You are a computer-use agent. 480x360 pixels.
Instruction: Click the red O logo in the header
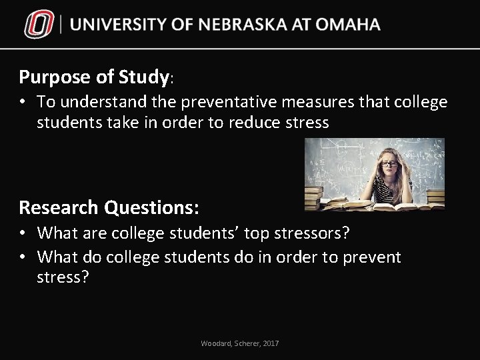(x=39, y=25)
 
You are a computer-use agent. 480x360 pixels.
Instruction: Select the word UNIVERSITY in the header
(x=119, y=25)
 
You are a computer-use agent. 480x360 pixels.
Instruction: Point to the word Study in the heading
(x=143, y=77)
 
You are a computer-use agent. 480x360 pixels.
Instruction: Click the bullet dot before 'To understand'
(x=23, y=102)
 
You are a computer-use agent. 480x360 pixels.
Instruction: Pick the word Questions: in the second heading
(x=153, y=207)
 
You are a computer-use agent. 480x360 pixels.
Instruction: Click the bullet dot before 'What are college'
(x=23, y=233)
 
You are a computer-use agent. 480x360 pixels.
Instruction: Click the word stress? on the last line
(x=63, y=277)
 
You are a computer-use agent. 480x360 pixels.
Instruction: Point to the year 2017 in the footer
(x=270, y=343)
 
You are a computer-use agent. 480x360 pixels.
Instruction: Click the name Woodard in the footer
(x=215, y=343)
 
